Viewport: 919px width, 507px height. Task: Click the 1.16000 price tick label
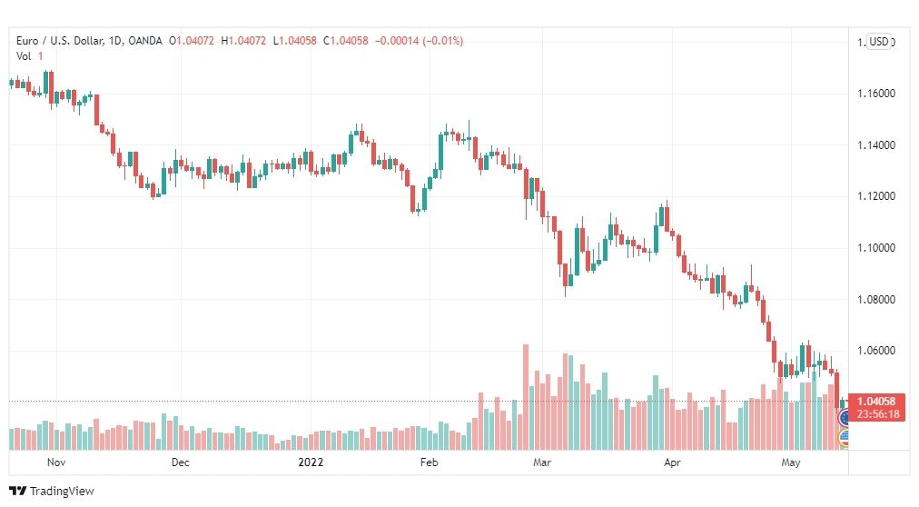point(876,94)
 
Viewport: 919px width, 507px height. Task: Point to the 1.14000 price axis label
point(876,145)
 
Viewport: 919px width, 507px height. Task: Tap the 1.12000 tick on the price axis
point(876,196)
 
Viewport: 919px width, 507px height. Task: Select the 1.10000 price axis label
point(876,248)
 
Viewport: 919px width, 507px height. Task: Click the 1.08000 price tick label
point(876,300)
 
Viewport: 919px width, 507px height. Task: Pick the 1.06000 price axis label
point(876,351)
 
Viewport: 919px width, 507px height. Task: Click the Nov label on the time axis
point(56,462)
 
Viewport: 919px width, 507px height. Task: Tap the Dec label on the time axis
point(181,462)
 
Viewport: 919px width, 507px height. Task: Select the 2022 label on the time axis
point(311,462)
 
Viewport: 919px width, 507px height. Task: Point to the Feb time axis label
point(429,462)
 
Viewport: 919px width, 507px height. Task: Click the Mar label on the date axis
point(542,462)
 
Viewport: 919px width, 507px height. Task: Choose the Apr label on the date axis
point(672,462)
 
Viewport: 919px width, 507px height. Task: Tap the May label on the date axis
point(791,462)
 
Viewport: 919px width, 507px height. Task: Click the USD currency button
point(878,42)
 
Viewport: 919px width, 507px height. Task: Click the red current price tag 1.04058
point(876,402)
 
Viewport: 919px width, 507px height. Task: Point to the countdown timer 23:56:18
point(878,414)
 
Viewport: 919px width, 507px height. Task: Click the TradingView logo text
point(62,492)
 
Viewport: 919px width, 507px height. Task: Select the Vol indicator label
point(24,56)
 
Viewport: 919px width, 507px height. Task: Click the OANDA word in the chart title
point(144,41)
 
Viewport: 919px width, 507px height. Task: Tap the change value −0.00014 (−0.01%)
point(419,41)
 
